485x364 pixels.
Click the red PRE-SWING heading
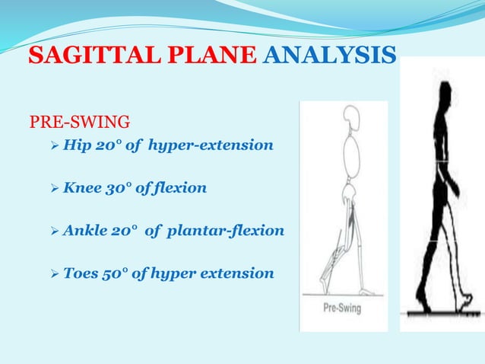click(79, 121)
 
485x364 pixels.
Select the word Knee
click(83, 187)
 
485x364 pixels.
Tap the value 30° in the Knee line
click(122, 187)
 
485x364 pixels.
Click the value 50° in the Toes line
click(122, 273)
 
